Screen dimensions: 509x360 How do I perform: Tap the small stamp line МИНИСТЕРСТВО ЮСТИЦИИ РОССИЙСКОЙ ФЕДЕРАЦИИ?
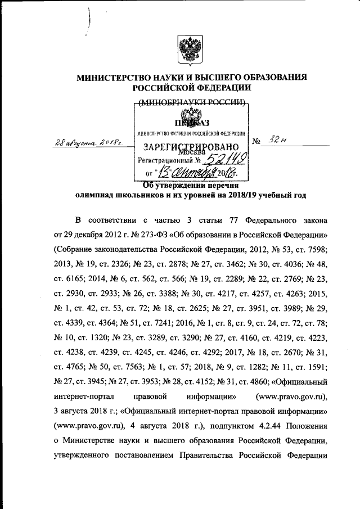pos(191,133)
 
